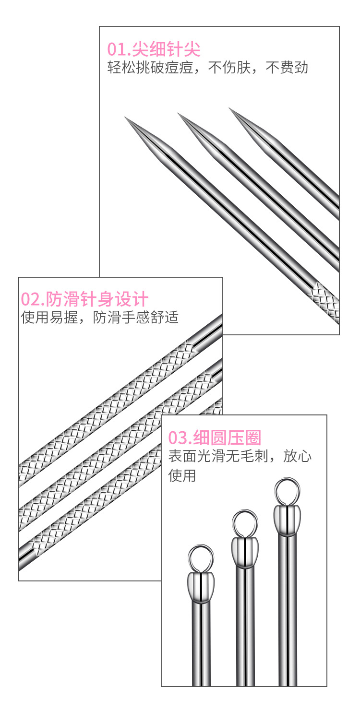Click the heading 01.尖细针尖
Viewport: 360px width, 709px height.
point(154,49)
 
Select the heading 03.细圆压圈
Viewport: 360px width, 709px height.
point(215,437)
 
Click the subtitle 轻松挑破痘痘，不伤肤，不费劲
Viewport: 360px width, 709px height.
point(207,68)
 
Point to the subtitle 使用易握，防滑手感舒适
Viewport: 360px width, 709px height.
point(100,317)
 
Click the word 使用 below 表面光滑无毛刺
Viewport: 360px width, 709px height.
point(182,475)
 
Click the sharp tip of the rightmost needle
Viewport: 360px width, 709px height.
point(230,109)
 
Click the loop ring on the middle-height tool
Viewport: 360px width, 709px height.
point(245,522)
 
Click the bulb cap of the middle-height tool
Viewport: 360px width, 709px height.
point(245,552)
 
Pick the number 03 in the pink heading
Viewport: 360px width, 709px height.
point(177,437)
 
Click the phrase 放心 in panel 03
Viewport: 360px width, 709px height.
point(297,455)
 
